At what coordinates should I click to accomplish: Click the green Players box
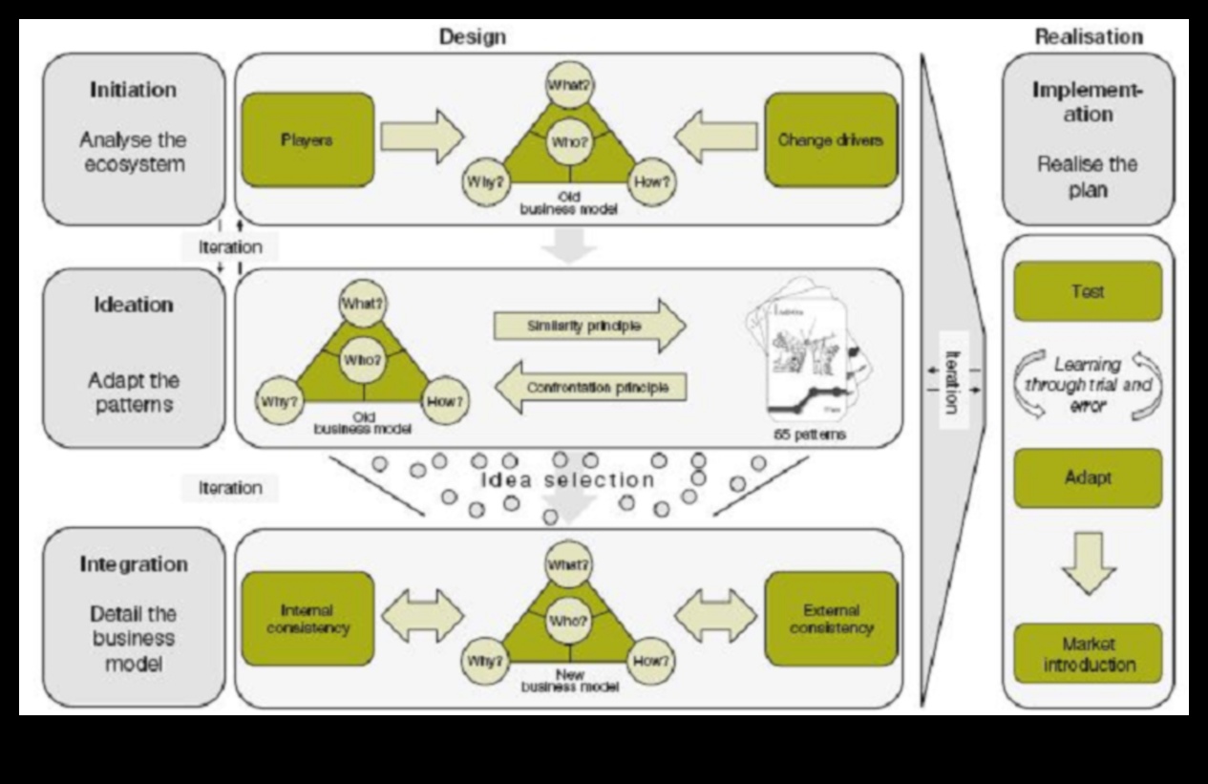[307, 139]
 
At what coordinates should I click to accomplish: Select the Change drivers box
[830, 139]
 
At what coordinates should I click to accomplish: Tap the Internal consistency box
[307, 619]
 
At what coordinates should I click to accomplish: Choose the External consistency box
[830, 619]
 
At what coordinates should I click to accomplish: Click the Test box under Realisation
[1087, 291]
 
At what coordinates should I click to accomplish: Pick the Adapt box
[1087, 477]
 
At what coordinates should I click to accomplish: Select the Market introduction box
[1088, 654]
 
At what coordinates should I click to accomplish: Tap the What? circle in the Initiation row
[569, 84]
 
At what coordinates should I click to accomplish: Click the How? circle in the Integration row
[651, 660]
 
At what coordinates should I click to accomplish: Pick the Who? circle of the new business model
[569, 621]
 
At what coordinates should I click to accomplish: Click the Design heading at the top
[472, 37]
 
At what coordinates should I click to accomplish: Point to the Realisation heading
[1088, 37]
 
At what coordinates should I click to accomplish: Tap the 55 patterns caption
[810, 434]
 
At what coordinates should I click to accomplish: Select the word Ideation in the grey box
[134, 305]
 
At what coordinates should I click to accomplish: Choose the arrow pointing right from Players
[421, 137]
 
